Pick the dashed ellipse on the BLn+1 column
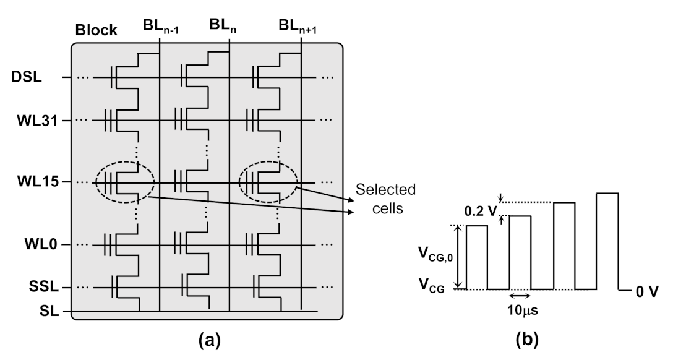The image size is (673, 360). click(267, 183)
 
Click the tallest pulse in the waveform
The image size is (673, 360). click(606, 241)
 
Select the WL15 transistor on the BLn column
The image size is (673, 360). click(189, 183)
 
